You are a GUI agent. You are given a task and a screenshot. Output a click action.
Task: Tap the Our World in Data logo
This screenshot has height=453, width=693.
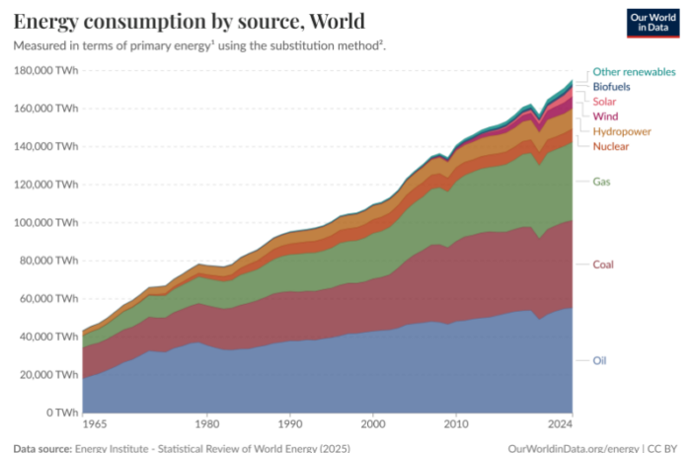click(x=652, y=23)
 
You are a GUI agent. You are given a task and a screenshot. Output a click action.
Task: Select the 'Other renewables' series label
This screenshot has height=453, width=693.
click(x=634, y=72)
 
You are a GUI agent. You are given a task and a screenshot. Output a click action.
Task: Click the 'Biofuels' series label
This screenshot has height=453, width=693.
click(x=611, y=87)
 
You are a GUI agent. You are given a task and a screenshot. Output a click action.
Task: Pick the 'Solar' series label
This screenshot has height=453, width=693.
click(x=604, y=102)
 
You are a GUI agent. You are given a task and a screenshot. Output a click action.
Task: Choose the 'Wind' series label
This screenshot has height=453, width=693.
click(x=604, y=116)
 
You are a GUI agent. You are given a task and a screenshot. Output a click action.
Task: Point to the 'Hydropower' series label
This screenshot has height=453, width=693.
click(x=621, y=131)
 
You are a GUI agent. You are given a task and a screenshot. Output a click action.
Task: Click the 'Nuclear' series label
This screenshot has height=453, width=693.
click(x=612, y=146)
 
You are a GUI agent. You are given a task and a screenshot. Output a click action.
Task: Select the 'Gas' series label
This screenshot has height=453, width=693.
click(x=601, y=181)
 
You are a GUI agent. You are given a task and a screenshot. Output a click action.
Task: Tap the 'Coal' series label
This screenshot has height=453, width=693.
click(x=603, y=264)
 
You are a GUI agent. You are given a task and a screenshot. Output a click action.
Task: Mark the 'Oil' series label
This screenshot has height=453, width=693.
click(x=599, y=360)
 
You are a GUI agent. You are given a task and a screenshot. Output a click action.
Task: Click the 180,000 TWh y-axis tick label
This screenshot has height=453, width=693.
click(x=45, y=70)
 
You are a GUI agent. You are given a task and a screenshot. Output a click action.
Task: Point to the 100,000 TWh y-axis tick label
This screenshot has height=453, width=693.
click(x=45, y=222)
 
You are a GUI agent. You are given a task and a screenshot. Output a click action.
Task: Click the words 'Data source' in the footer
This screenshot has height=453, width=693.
click(x=40, y=447)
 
